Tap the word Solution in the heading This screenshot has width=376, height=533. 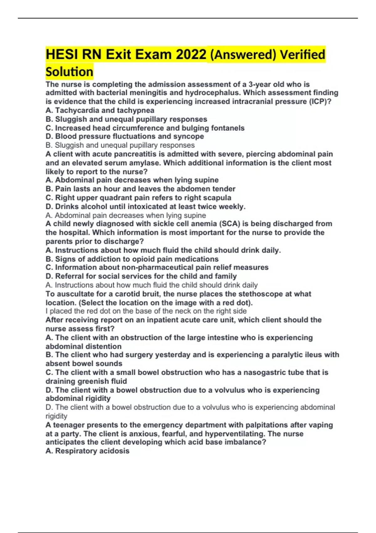(69, 72)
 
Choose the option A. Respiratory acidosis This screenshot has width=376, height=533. (87, 451)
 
